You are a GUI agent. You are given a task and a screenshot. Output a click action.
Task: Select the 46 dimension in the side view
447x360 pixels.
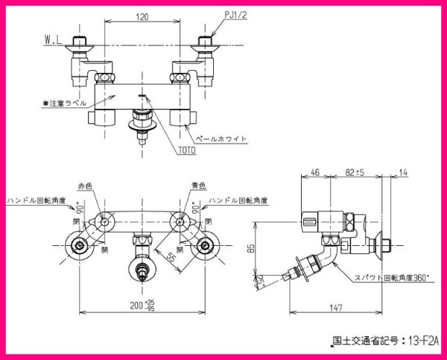click(314, 172)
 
